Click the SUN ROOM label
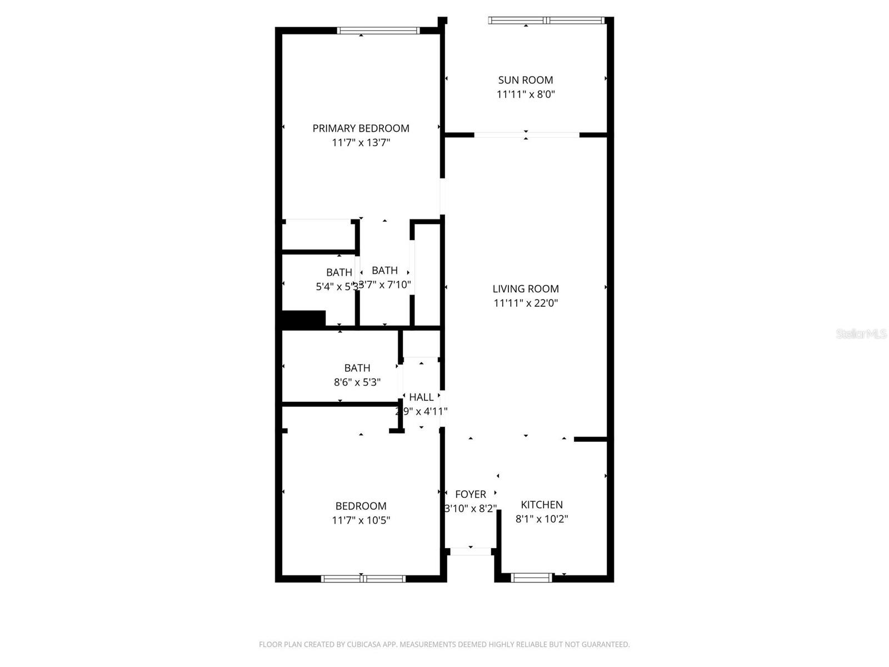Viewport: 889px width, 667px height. [525, 80]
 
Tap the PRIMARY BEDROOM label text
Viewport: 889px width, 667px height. [361, 128]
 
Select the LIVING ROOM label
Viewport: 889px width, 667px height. [526, 288]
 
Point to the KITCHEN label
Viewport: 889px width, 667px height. [541, 505]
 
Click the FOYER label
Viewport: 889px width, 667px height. [470, 494]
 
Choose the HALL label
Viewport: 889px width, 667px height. [421, 397]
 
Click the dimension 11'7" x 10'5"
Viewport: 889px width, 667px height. [361, 520]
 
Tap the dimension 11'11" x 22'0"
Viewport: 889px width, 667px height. [526, 303]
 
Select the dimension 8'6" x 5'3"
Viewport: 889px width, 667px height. [357, 382]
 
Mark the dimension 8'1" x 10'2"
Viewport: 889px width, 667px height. [541, 519]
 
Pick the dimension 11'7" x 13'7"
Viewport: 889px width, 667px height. [361, 143]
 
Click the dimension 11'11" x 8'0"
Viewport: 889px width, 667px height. [525, 94]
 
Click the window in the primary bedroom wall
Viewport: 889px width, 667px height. [378, 31]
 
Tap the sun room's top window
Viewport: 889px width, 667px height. [546, 21]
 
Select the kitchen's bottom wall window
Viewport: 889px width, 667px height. [532, 578]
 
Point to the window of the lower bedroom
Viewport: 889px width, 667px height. [363, 579]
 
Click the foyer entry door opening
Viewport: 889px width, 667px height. [471, 551]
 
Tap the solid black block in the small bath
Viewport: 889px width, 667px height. [303, 319]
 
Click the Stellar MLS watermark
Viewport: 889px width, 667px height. [861, 334]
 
